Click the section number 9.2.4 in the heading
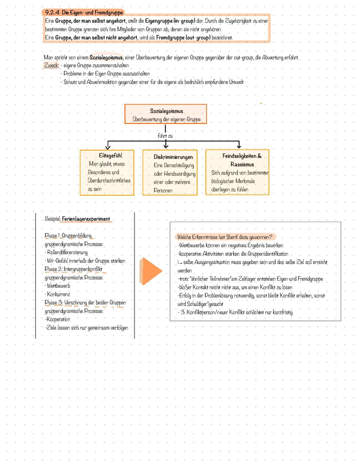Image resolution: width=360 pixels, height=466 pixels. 52,13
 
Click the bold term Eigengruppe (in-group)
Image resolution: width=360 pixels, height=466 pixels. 170,21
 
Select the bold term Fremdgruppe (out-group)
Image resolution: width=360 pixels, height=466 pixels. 183,38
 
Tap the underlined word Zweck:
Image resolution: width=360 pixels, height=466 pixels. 51,65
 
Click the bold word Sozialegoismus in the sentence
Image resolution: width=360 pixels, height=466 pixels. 106,58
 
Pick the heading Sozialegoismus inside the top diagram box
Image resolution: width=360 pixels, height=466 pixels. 166,111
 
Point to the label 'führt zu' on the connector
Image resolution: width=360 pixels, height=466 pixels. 165,136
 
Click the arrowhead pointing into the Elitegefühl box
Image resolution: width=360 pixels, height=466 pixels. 108,147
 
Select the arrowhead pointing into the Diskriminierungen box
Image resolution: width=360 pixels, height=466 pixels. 166,146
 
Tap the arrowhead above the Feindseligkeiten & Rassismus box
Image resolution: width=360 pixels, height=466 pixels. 239,146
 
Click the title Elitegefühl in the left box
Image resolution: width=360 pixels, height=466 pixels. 110,155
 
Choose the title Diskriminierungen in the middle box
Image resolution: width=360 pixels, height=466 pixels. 173,157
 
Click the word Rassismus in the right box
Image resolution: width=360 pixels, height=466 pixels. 242,164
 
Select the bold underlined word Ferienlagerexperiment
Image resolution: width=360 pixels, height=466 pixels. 86,219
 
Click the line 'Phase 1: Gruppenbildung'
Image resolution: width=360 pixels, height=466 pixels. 68,236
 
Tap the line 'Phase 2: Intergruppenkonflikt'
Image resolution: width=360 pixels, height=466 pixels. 73,269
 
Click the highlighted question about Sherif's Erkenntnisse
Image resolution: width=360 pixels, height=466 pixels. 225,237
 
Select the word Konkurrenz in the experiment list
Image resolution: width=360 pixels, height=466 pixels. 59,294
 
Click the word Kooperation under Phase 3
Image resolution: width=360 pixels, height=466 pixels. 58,319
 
